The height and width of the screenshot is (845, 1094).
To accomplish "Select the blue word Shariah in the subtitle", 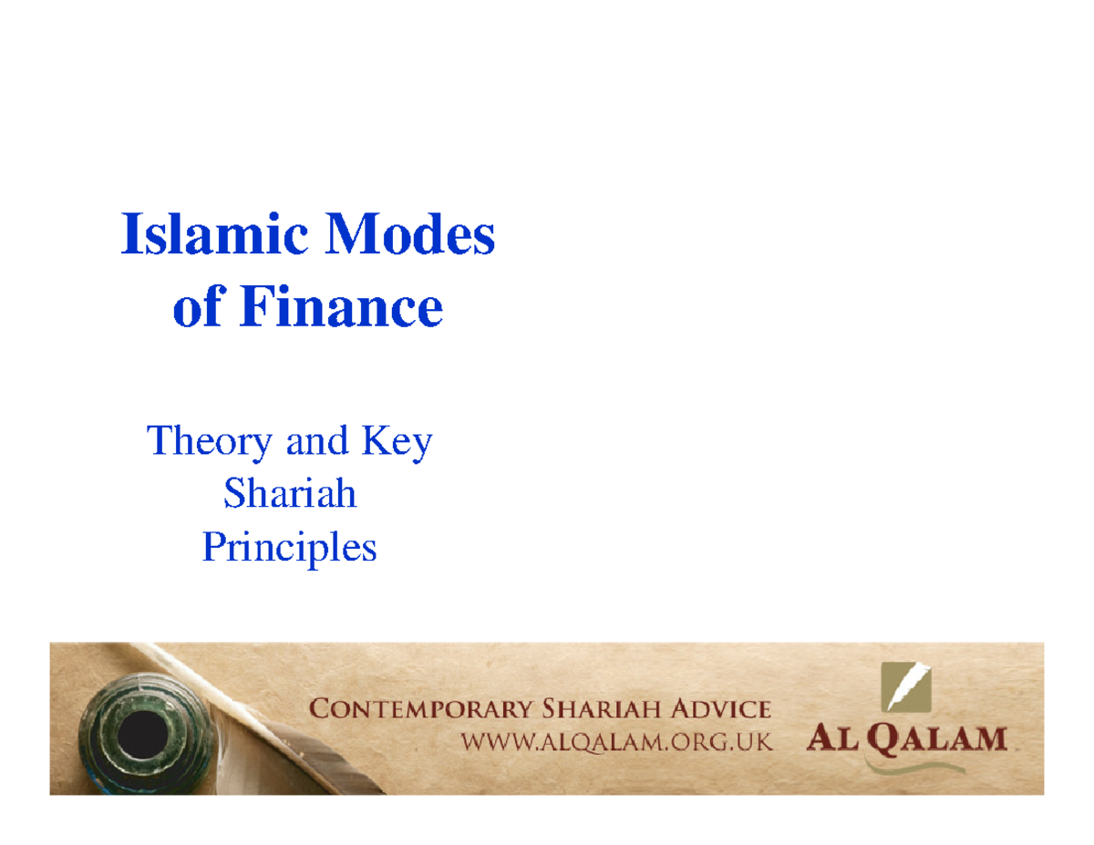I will point(290,495).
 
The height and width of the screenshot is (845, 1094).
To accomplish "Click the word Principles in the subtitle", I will point(289,549).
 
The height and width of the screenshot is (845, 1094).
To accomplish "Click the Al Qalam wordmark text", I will point(906,737).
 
